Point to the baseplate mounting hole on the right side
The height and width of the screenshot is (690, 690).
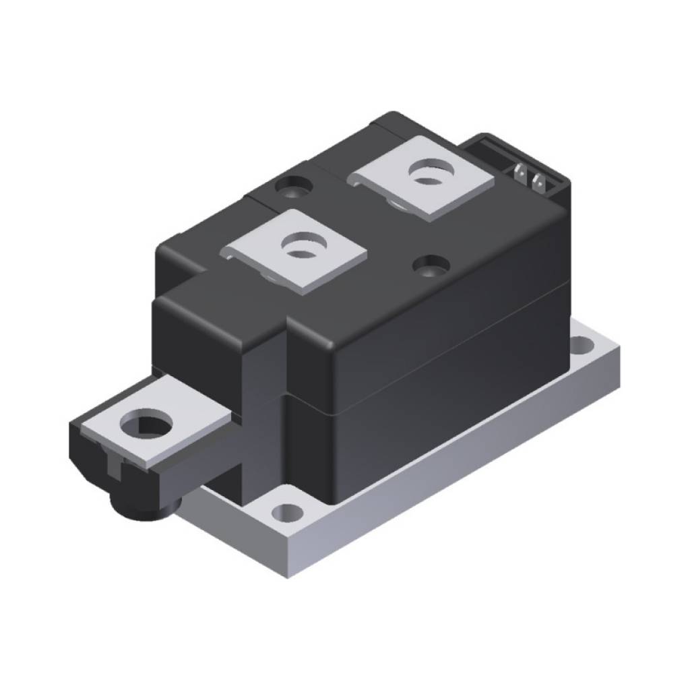coord(581,346)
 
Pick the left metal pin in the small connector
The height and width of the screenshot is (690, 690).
coord(519,174)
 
